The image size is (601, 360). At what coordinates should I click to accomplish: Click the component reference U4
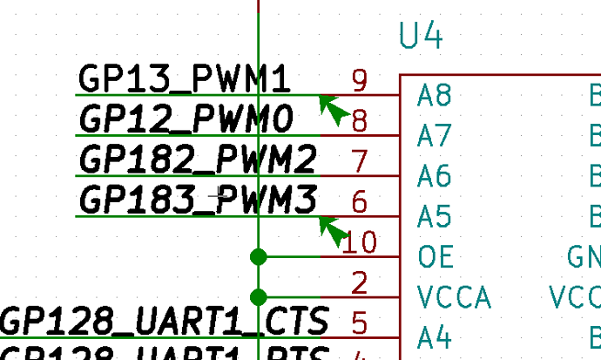[422, 37]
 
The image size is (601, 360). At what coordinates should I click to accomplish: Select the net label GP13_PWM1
[184, 78]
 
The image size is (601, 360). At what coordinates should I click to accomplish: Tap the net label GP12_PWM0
[186, 119]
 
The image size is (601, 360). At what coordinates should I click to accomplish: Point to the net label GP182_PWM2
[198, 160]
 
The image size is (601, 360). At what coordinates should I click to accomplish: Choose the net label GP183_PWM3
[198, 200]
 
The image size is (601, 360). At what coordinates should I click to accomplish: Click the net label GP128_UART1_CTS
[165, 321]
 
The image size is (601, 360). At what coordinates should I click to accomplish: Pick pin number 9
[360, 80]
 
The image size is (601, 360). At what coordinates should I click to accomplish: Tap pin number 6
[360, 201]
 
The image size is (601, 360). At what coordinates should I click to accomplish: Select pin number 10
[360, 242]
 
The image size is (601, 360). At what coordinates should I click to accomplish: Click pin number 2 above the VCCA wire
[360, 282]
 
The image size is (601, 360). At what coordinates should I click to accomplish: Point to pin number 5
[360, 323]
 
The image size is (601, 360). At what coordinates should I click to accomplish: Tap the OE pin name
[435, 257]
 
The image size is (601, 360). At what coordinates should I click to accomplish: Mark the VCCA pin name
[454, 297]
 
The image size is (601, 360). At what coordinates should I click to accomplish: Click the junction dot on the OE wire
[258, 256]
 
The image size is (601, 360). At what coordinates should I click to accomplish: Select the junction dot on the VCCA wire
[258, 297]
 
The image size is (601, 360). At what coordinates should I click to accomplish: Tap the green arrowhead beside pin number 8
[332, 107]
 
